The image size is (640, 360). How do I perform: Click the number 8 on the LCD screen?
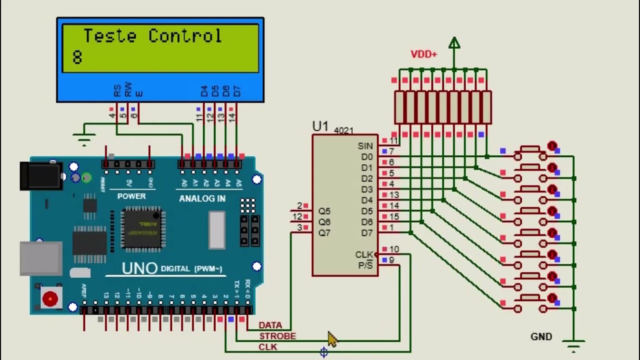pyautogui.click(x=76, y=57)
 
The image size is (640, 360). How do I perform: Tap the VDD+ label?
pyautogui.click(x=423, y=54)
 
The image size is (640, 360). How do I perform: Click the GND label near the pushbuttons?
pyautogui.click(x=541, y=337)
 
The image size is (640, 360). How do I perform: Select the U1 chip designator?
pyautogui.click(x=320, y=126)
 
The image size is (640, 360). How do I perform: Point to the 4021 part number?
pyautogui.click(x=343, y=130)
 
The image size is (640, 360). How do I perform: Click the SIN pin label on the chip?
pyautogui.click(x=365, y=146)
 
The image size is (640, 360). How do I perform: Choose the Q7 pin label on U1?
pyautogui.click(x=324, y=233)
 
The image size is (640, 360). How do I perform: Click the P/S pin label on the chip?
pyautogui.click(x=365, y=265)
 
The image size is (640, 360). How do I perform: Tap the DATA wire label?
pyautogui.click(x=270, y=325)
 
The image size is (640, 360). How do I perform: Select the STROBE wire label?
pyautogui.click(x=277, y=336)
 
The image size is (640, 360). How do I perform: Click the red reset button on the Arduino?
pyautogui.click(x=50, y=299)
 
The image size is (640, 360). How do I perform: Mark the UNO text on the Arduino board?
pyautogui.click(x=139, y=268)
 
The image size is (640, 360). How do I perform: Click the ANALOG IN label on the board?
pyautogui.click(x=202, y=198)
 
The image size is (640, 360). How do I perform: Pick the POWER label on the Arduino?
pyautogui.click(x=131, y=196)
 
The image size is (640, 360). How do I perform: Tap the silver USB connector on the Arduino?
pyautogui.click(x=40, y=258)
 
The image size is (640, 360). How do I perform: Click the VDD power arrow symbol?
pyautogui.click(x=454, y=43)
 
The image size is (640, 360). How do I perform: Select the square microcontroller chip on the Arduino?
pyautogui.click(x=141, y=228)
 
